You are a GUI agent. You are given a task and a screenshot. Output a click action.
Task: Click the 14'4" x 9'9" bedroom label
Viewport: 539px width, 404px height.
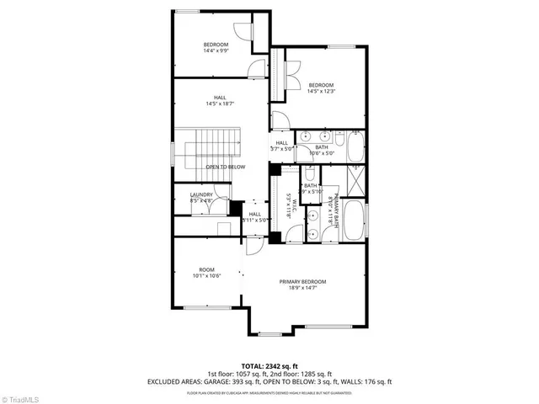pos(216,47)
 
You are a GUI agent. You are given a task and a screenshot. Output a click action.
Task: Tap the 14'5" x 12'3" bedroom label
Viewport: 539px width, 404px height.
pos(321,88)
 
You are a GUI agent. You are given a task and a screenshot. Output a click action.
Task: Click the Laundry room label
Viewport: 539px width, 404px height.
pos(201,198)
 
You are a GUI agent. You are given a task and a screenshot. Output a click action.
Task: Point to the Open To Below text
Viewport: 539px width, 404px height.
pos(225,167)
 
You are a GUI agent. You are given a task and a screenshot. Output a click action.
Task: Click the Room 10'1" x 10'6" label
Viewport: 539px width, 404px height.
pos(205,273)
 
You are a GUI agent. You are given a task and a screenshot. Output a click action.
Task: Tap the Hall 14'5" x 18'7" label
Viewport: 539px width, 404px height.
pos(220,100)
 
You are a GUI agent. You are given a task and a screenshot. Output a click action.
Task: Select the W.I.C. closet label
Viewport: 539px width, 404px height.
pos(288,205)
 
